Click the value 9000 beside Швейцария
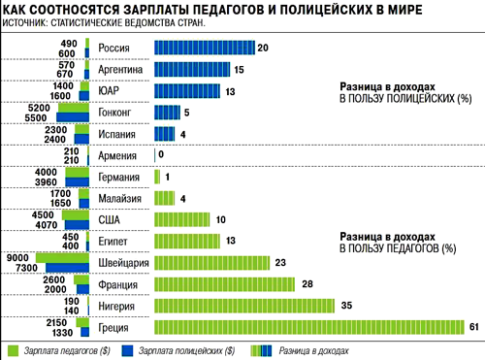17,257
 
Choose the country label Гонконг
119,112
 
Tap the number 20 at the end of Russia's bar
263,48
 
